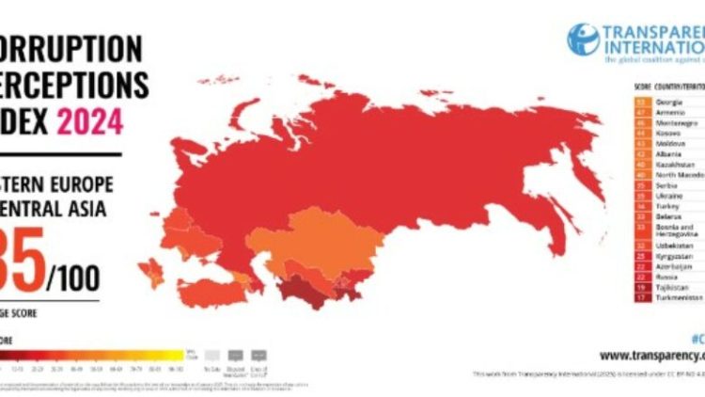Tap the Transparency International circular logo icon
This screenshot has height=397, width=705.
click(583, 39)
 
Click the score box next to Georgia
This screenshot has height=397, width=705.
click(642, 100)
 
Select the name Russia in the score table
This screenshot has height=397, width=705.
click(665, 277)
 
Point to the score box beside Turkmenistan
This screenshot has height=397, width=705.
click(642, 297)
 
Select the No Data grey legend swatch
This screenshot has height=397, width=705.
click(213, 356)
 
